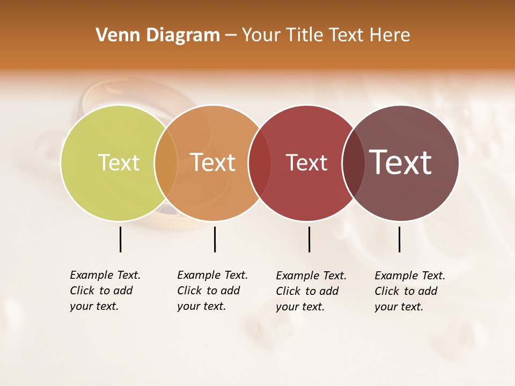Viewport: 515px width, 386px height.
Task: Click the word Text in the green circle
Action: [x=119, y=163]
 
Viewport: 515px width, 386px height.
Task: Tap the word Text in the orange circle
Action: [x=213, y=162]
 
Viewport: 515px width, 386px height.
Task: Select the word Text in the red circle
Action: [x=306, y=163]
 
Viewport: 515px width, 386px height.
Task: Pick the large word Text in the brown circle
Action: [x=401, y=162]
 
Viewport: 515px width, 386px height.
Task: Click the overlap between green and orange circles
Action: [x=166, y=163]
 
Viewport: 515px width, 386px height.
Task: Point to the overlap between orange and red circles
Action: [x=260, y=163]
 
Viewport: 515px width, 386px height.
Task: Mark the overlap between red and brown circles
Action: [x=354, y=163]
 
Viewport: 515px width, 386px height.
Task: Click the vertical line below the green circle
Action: [x=120, y=239]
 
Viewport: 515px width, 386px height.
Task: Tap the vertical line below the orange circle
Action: [x=215, y=239]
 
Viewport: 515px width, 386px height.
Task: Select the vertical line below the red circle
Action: [x=309, y=239]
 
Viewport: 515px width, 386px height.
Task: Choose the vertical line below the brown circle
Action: [x=399, y=239]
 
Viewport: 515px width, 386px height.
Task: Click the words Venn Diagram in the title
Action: [x=158, y=35]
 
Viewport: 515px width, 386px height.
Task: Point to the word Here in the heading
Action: [x=391, y=35]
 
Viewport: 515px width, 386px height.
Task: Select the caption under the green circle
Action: [x=105, y=291]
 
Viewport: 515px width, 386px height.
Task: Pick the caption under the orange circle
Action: [x=212, y=291]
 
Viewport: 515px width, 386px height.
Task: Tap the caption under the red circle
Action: [x=311, y=291]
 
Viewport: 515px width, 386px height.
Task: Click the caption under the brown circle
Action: [x=410, y=291]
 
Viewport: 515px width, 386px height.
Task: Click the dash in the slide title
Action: [x=231, y=35]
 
